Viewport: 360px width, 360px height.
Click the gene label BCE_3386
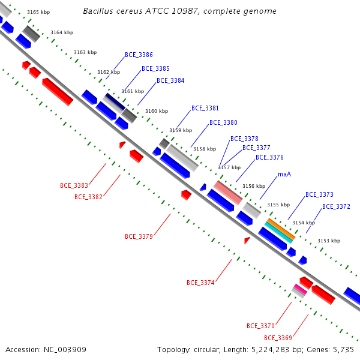click(x=139, y=55)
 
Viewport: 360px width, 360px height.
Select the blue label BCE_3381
click(x=205, y=108)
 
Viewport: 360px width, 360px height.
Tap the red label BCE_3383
click(x=74, y=185)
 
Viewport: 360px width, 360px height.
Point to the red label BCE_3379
click(x=139, y=236)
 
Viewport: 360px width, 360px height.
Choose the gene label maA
click(x=284, y=174)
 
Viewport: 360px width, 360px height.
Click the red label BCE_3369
click(x=278, y=338)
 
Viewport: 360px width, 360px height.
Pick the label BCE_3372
click(x=336, y=206)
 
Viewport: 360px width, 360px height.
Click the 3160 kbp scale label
click(x=157, y=111)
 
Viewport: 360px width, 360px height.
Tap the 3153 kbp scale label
click(x=329, y=241)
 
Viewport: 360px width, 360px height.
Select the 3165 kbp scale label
click(x=38, y=12)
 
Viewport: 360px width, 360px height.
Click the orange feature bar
click(x=281, y=229)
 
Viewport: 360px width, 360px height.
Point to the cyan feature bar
click(x=279, y=233)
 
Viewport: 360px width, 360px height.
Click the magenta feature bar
click(x=301, y=289)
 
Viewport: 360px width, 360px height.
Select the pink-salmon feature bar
click(x=228, y=193)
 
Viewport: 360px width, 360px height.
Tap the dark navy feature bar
click(x=115, y=101)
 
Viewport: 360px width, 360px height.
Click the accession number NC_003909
click(x=65, y=350)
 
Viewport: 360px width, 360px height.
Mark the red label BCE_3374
click(x=200, y=283)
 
